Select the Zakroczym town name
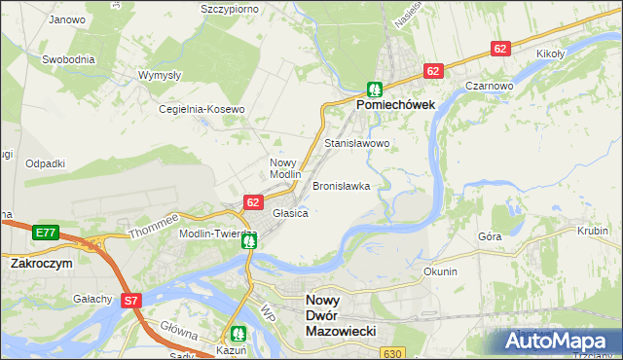43,264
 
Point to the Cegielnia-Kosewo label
202,109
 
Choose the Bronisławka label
341,185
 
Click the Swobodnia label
68,58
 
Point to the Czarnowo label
489,86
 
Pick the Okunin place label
440,271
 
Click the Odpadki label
45,163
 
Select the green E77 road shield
44,233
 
